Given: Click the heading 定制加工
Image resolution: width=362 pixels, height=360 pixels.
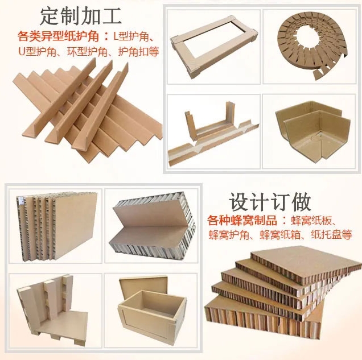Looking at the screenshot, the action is click(x=81, y=16).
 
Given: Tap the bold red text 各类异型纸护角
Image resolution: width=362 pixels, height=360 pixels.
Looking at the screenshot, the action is click(x=58, y=36).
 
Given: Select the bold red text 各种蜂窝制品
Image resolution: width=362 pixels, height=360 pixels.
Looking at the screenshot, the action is click(x=242, y=221).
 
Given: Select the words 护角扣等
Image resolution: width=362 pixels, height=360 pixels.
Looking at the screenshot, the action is click(x=138, y=52).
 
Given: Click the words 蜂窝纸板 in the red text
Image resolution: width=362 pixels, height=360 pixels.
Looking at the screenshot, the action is click(x=305, y=221).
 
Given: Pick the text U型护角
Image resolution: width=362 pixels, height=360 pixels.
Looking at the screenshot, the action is click(x=38, y=52).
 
